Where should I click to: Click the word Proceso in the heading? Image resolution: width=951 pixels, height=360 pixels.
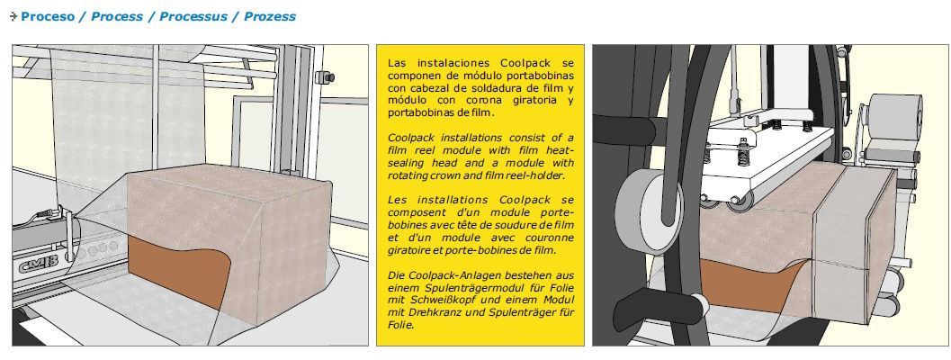[48, 16]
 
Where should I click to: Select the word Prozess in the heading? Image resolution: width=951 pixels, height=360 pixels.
[270, 16]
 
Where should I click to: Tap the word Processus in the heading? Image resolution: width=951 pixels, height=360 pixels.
[193, 16]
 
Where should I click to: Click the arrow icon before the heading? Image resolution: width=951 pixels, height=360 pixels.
[14, 16]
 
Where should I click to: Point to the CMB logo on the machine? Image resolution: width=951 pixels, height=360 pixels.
[39, 266]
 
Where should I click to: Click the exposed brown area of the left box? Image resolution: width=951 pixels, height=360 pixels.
[175, 267]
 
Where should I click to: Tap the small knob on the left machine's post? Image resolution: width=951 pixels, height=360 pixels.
[325, 77]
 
